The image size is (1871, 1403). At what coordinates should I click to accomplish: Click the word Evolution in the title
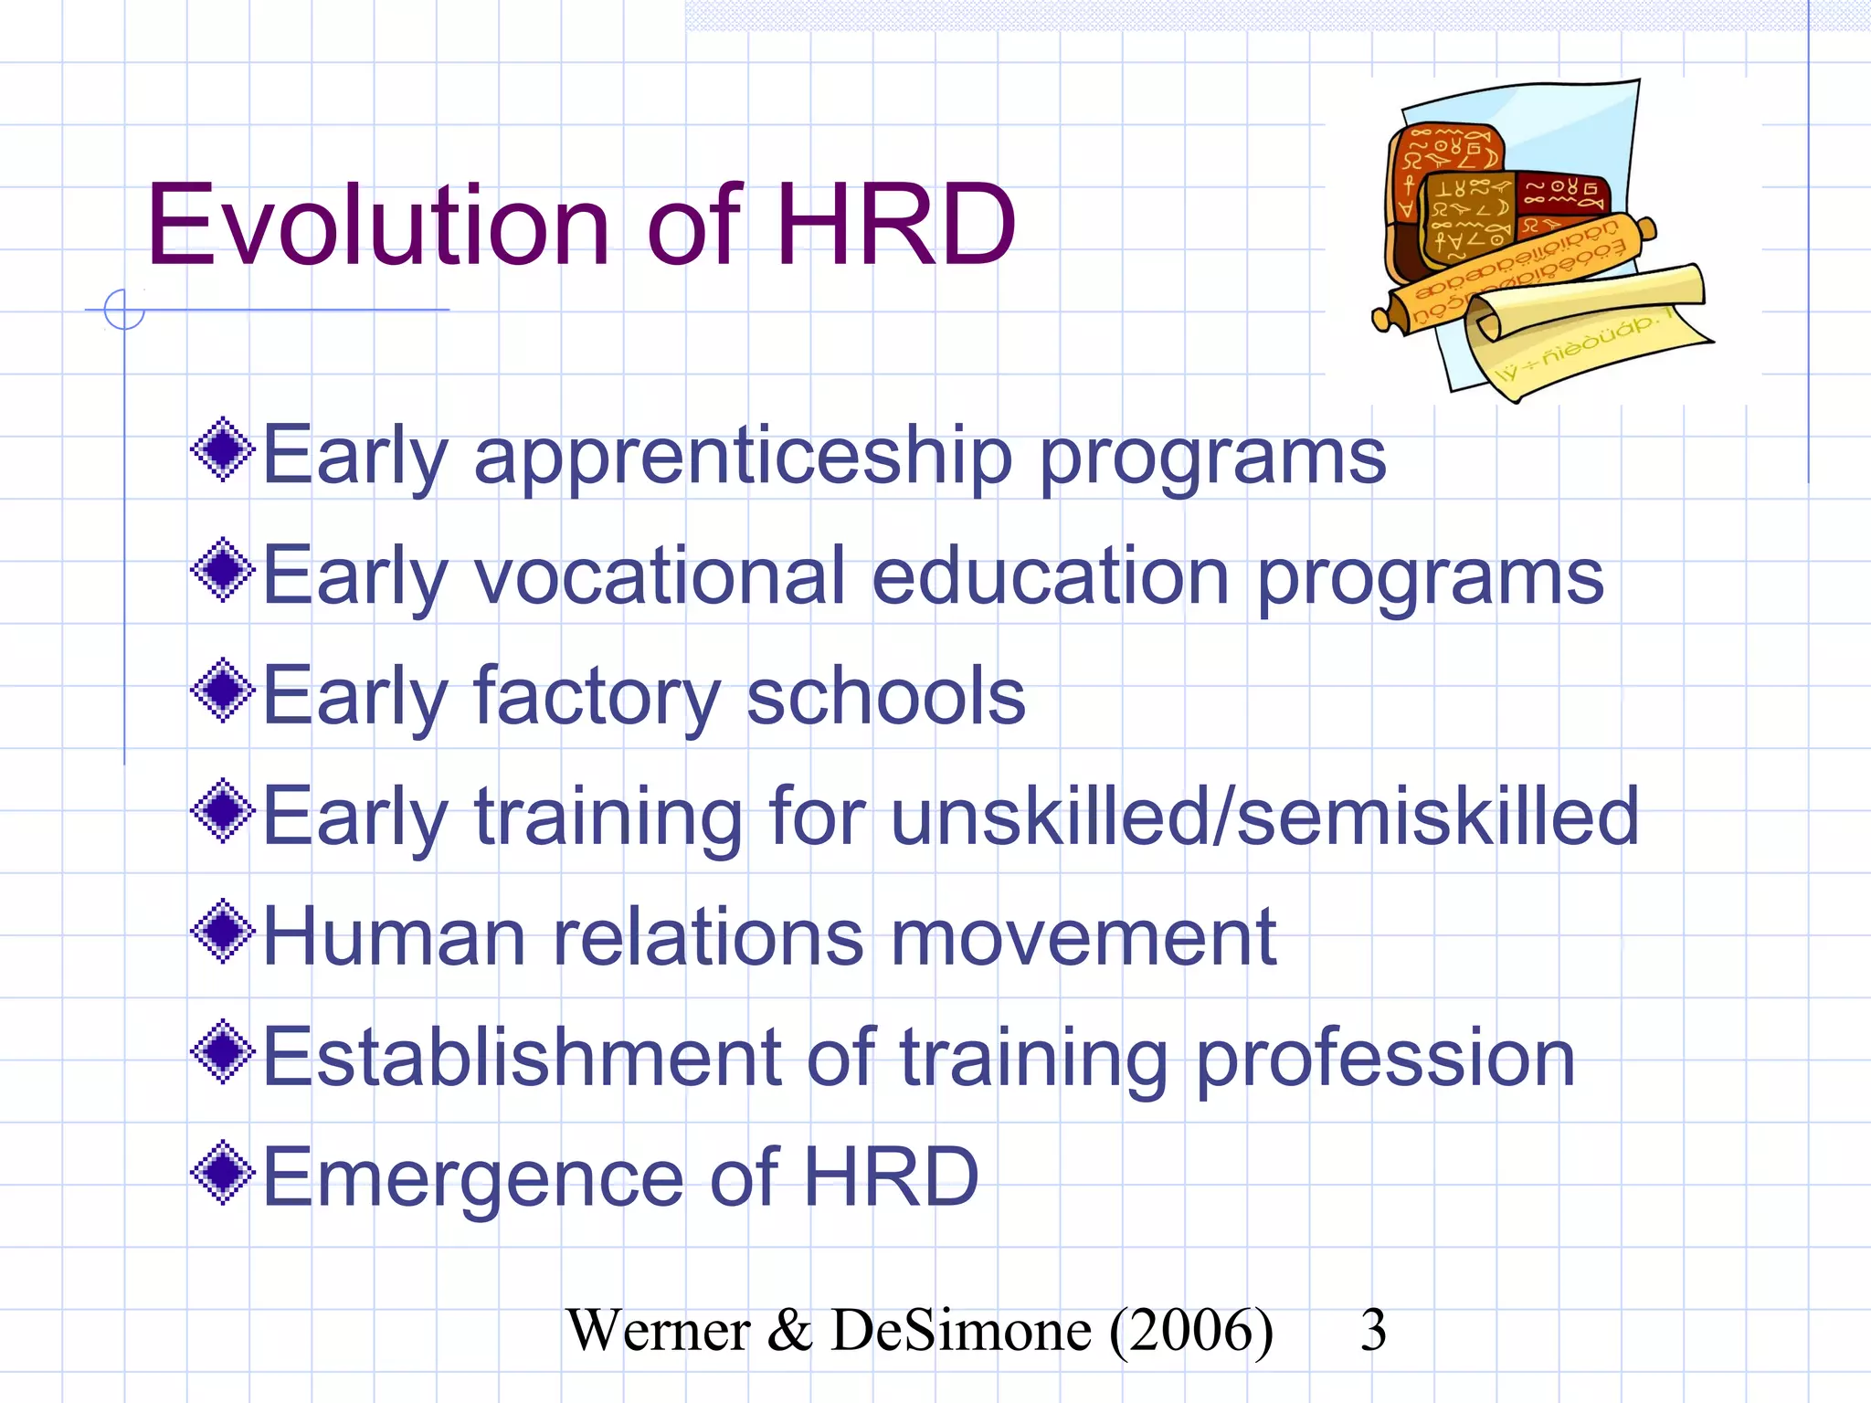coord(377,225)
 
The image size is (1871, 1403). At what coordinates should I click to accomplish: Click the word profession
coord(1385,1060)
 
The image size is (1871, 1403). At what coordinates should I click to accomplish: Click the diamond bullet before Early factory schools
coord(223,691)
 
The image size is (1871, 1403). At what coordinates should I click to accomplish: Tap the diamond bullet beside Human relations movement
coord(223,932)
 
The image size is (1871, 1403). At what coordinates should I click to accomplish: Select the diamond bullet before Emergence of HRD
coord(223,1172)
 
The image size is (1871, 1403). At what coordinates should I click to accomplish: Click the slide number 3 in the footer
coord(1372,1330)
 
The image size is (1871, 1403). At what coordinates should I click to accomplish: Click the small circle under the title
coord(124,309)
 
